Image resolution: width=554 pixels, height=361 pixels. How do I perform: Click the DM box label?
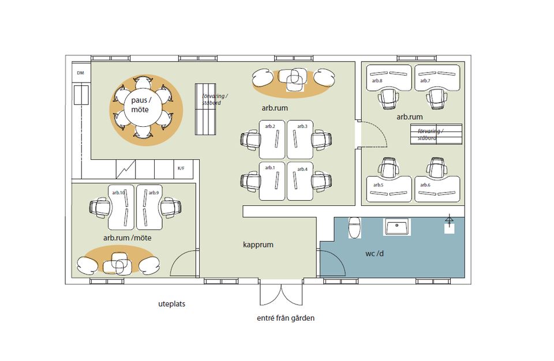pyautogui.click(x=81, y=73)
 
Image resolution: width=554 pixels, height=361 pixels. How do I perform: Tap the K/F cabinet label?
pyautogui.click(x=181, y=168)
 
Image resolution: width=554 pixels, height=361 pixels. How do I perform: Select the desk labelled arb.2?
pyautogui.click(x=272, y=139)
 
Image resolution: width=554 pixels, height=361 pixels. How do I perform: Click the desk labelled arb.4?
pyautogui.click(x=300, y=181)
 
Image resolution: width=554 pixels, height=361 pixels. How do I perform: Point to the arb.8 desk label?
pyautogui.click(x=377, y=81)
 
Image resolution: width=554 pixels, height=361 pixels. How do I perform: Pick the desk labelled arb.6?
pyautogui.click(x=437, y=189)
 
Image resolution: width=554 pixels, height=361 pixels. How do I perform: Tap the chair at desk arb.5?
pyautogui.click(x=389, y=167)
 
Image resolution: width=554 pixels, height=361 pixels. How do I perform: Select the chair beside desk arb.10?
pyautogui.click(x=100, y=208)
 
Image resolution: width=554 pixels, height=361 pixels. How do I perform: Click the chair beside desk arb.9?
pyautogui.click(x=171, y=208)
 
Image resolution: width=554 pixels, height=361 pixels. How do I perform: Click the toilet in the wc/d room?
pyautogui.click(x=354, y=227)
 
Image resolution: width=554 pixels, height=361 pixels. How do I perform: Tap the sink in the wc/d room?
pyautogui.click(x=397, y=227)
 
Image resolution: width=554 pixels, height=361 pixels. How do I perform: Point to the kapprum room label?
pyautogui.click(x=259, y=245)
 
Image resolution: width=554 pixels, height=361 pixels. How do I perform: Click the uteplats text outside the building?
pyautogui.click(x=172, y=304)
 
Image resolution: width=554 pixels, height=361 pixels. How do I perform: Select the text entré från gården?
pyautogui.click(x=286, y=318)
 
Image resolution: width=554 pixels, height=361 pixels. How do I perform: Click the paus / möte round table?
pyautogui.click(x=140, y=105)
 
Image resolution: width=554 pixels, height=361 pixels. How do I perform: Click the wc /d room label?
pyautogui.click(x=375, y=254)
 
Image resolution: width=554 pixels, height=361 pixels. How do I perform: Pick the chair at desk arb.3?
pyautogui.click(x=321, y=140)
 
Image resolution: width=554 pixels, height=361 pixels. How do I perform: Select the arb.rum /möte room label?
pyautogui.click(x=127, y=238)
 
